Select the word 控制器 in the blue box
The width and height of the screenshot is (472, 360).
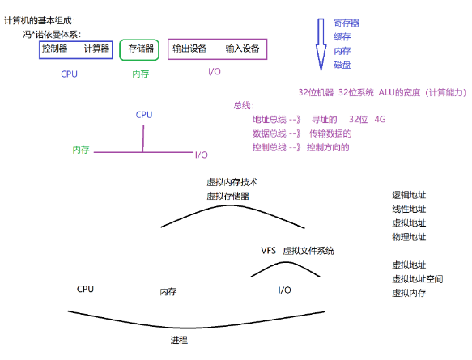tap(55, 49)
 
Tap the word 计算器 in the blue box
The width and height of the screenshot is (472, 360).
tap(96, 49)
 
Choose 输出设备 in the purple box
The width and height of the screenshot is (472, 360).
tap(189, 49)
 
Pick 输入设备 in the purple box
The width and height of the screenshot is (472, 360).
tap(242, 49)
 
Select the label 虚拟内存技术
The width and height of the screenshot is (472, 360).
tap(232, 182)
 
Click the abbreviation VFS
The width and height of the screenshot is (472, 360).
tap(268, 251)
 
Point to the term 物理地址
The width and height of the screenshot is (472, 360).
tap(409, 237)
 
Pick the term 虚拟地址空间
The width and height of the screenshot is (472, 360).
tap(417, 278)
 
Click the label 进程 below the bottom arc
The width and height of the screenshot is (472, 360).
tap(180, 340)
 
